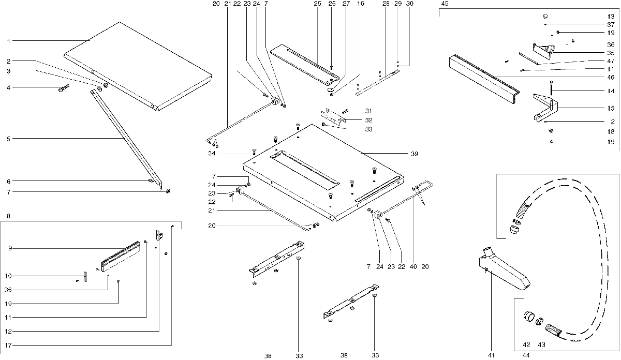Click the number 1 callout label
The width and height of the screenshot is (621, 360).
(8, 41)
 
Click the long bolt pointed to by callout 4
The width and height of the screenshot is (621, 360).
(64, 89)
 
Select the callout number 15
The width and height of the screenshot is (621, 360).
(611, 109)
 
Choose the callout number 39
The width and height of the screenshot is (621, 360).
(414, 154)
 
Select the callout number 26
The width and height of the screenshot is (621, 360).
(332, 4)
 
